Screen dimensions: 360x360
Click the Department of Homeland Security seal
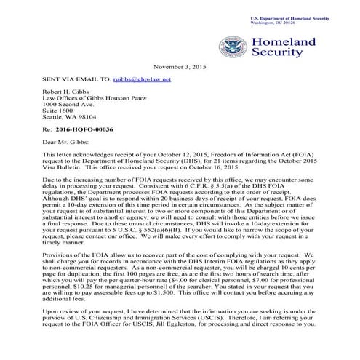(x=234, y=48)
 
